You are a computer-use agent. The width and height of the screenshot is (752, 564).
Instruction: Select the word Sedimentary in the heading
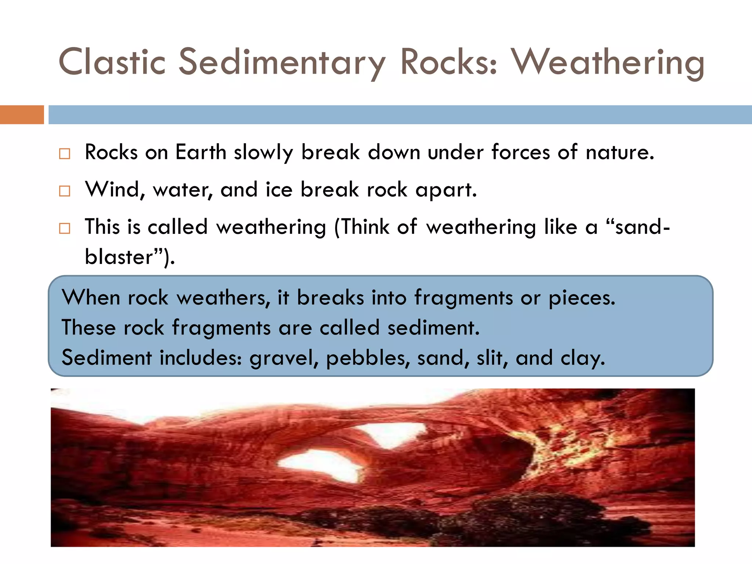click(x=282, y=62)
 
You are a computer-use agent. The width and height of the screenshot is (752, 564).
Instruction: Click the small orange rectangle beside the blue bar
click(x=22, y=115)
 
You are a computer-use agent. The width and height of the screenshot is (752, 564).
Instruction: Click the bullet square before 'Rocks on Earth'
click(x=65, y=153)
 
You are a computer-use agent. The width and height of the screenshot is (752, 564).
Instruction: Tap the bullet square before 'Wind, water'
click(x=65, y=191)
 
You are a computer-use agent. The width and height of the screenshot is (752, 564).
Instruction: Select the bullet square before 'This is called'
click(x=65, y=228)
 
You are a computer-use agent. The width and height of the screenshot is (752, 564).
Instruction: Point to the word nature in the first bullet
click(x=620, y=152)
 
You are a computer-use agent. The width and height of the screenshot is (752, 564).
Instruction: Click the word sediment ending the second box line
click(x=433, y=328)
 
